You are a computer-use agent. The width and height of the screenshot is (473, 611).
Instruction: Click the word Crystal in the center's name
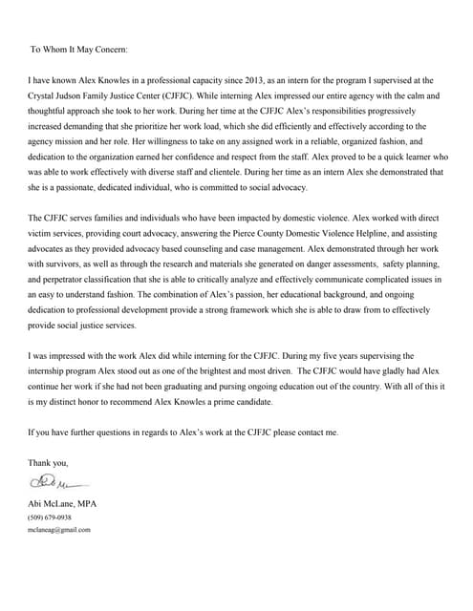pyautogui.click(x=45, y=98)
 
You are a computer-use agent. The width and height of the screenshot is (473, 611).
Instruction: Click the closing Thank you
pyautogui.click(x=49, y=463)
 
